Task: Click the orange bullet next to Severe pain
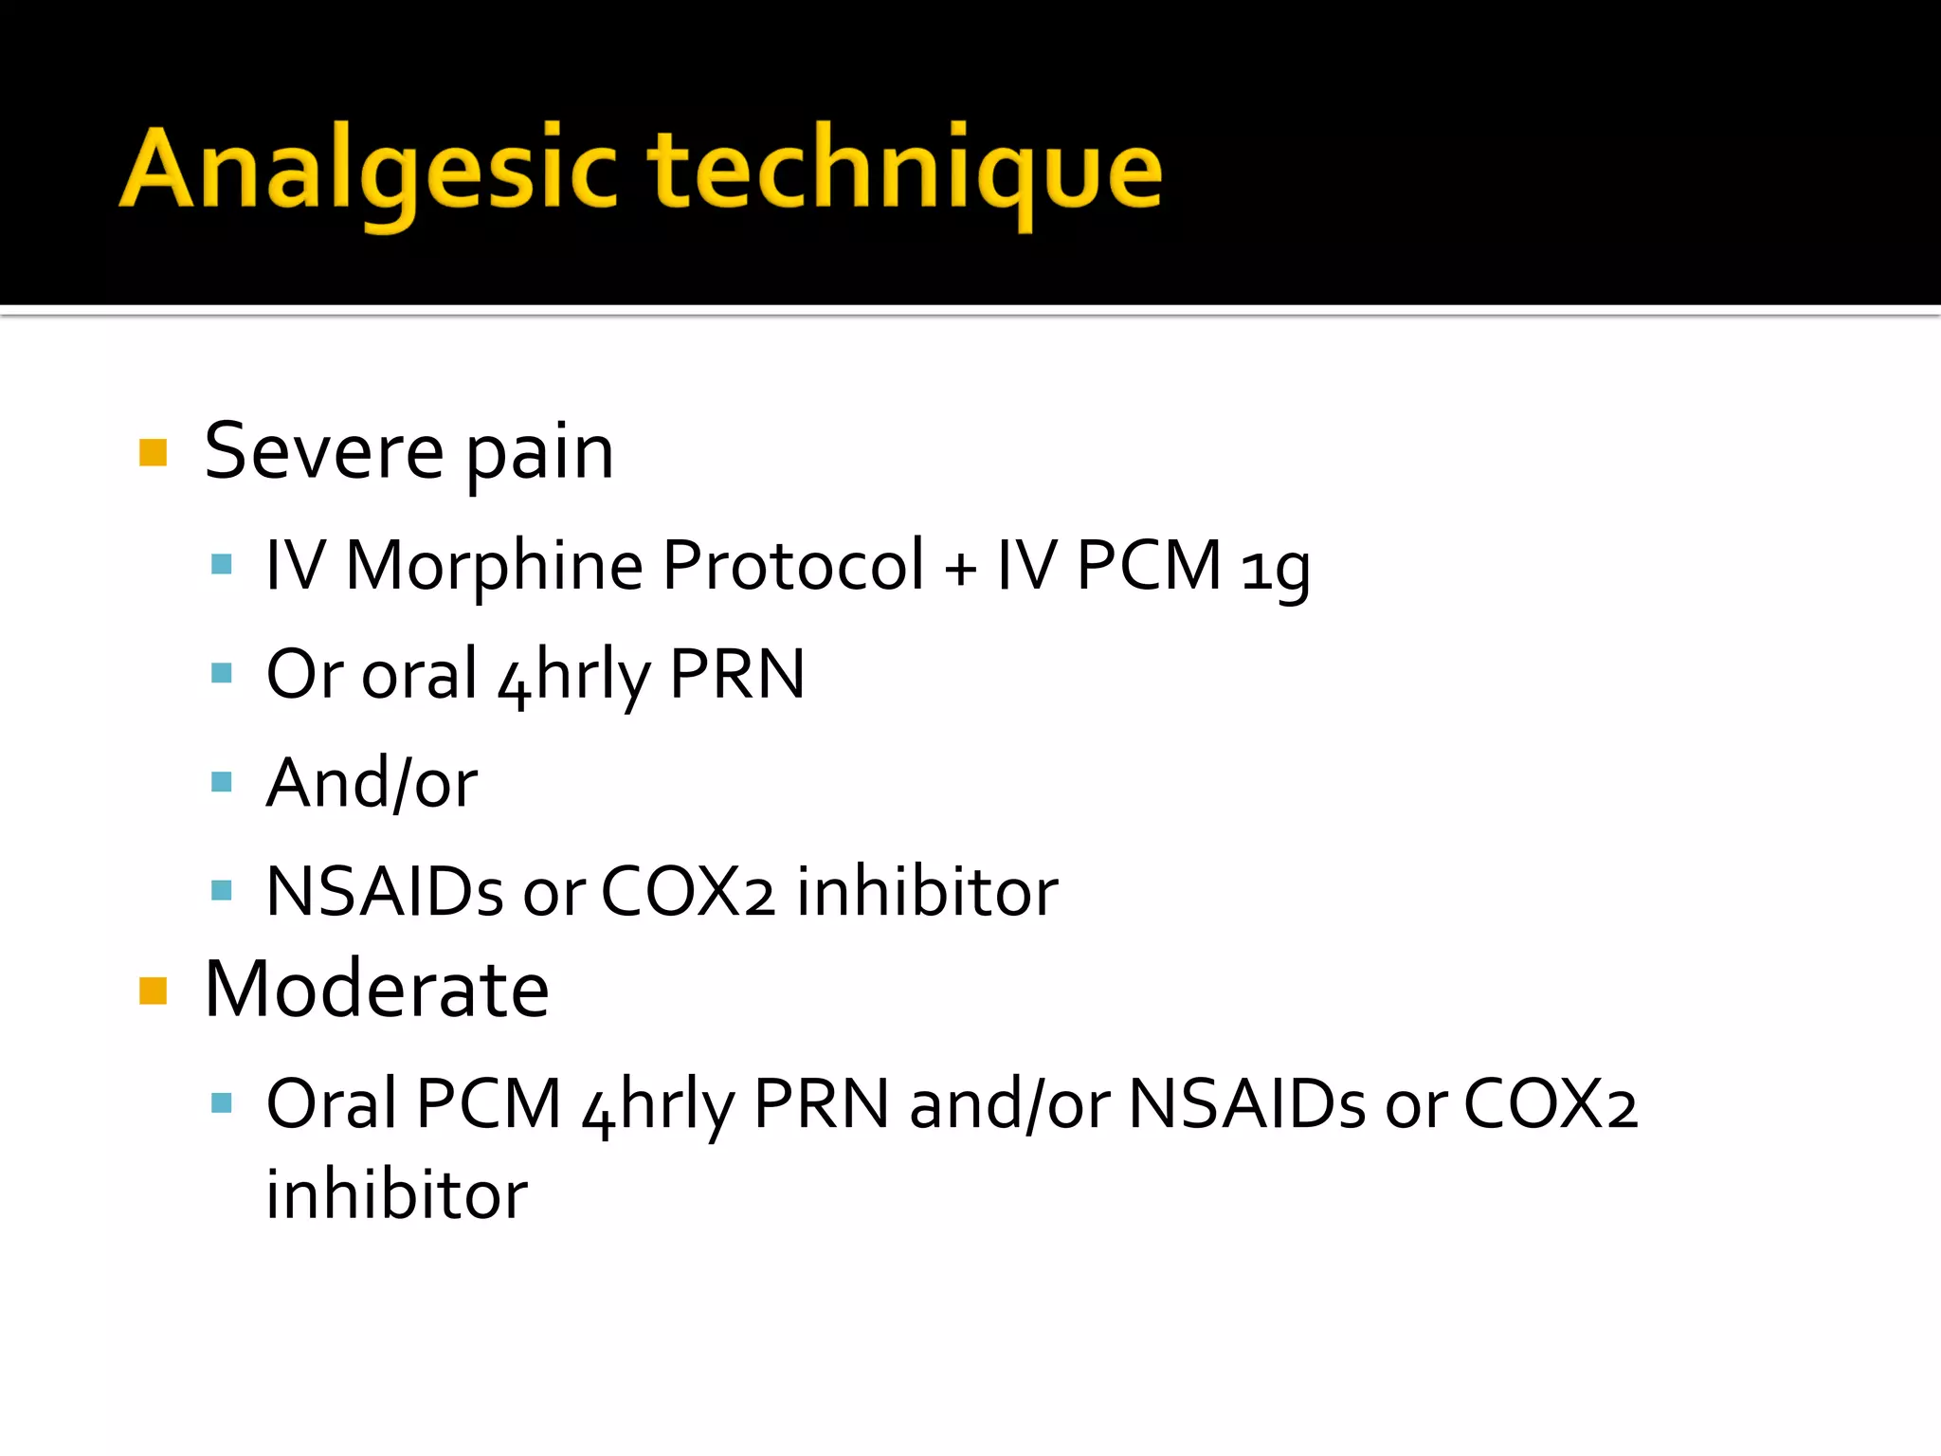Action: pos(153,452)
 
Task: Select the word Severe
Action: pos(323,452)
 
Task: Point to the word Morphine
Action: pos(494,566)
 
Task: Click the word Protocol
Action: pos(792,566)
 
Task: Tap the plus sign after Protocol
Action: pos(960,569)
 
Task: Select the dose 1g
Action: pos(1276,569)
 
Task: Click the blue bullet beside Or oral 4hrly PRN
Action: pos(222,673)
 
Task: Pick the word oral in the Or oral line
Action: pos(419,675)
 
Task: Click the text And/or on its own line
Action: pos(372,783)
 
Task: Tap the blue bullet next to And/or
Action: pos(222,782)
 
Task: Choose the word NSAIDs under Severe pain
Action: pos(385,892)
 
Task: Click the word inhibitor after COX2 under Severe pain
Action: pos(927,892)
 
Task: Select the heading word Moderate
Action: pos(376,990)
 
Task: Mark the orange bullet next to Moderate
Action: pos(153,991)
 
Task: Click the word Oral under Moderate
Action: pos(332,1104)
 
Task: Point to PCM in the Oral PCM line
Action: pos(489,1104)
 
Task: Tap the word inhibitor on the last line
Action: pos(396,1194)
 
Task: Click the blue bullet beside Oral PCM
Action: pos(222,1102)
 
